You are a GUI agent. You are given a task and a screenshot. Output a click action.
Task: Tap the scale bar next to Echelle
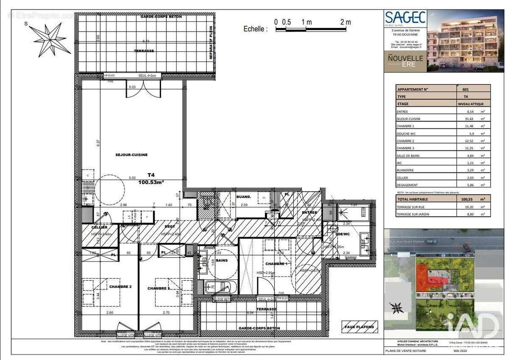[x=313, y=30]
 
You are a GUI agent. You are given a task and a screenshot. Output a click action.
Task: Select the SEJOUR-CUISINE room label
[x=131, y=155]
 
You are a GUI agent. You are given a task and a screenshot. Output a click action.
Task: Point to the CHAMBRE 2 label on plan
[x=120, y=286]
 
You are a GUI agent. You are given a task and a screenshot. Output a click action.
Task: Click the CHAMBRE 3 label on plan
[x=158, y=288]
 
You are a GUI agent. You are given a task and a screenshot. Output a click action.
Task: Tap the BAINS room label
[x=222, y=260]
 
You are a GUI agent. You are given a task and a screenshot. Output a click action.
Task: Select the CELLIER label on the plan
[x=99, y=227]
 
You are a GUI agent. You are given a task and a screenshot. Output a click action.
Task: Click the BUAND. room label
[x=243, y=197]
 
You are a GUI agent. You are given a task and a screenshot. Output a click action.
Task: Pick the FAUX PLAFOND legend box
[x=360, y=327]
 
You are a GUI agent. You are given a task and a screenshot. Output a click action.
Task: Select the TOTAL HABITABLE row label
[x=412, y=198]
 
